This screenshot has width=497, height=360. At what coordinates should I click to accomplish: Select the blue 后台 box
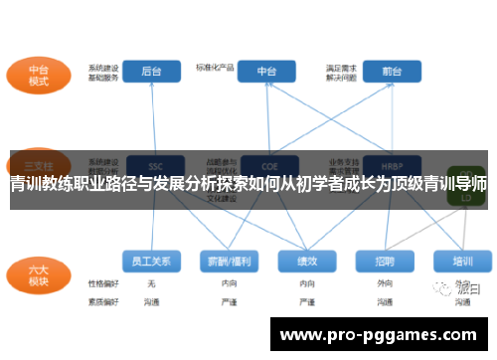pos(152,71)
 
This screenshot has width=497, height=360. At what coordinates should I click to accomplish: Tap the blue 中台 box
pos(267,71)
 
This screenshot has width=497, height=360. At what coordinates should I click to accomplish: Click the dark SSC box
pos(155,164)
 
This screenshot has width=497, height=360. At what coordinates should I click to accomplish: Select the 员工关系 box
pos(152,261)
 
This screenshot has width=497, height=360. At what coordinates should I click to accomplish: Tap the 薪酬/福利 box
pos(228,261)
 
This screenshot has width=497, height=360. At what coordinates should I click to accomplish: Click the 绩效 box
pos(307,261)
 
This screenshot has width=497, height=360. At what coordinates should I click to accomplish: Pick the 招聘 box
pos(385,261)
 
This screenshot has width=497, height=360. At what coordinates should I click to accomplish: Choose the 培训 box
pos(462,261)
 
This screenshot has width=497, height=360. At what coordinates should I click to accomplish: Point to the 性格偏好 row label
pos(102,283)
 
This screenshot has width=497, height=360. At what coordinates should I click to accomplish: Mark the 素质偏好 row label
pos(102,299)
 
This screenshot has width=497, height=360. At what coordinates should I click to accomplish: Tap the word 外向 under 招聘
pos(385,283)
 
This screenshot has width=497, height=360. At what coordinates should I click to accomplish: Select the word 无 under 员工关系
pos(152,283)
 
